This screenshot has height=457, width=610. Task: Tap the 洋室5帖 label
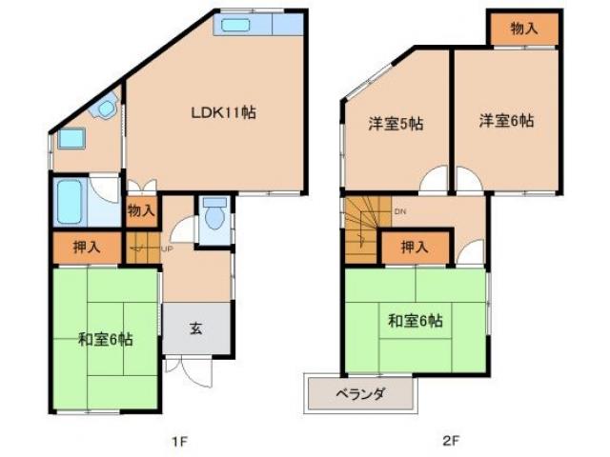396,123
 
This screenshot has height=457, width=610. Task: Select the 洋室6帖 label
505,121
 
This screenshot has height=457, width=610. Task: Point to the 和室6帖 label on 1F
105,338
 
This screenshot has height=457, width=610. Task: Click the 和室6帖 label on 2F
414,321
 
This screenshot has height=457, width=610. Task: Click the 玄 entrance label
195,328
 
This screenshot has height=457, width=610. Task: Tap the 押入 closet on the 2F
414,248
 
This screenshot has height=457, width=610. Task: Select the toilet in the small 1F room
213,217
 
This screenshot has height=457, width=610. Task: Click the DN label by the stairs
400,213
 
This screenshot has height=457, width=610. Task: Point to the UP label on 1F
167,249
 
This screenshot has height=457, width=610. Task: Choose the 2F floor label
450,441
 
